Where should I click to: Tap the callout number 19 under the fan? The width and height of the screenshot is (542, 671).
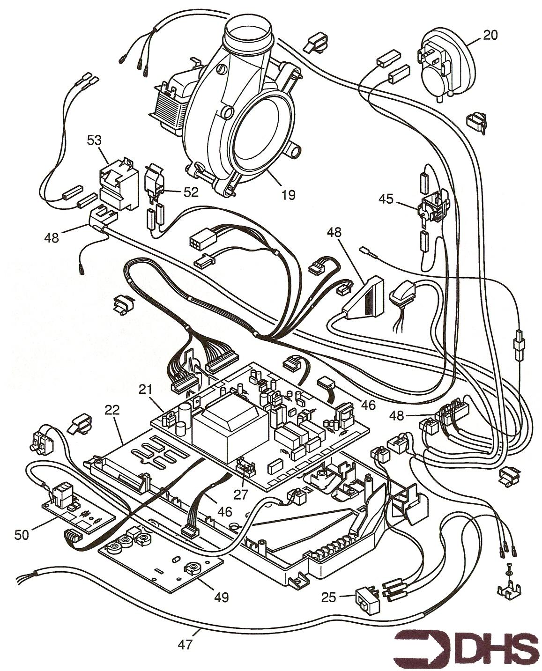pos(289,194)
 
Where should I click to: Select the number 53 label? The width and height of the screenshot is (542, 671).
pos(95,140)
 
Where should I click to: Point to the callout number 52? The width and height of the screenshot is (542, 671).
pos(191,192)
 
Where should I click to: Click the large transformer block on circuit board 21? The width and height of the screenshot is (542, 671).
pos(230,429)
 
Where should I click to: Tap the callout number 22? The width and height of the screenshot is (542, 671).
pos(112,410)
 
